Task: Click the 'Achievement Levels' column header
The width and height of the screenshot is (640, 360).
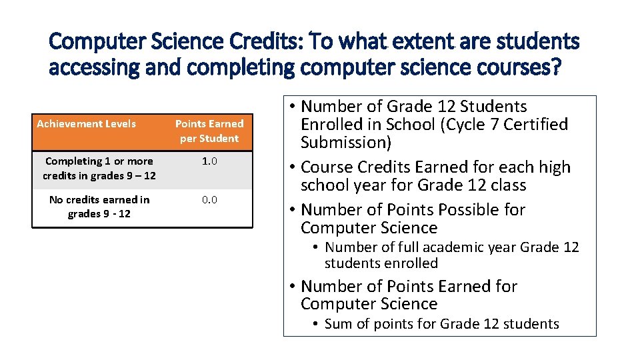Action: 86,123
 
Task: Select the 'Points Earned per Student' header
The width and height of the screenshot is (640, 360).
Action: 209,131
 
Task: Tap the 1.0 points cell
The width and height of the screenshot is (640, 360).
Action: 209,161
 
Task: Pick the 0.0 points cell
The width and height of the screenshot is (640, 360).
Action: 209,200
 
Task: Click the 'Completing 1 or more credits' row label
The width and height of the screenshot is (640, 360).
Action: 99,168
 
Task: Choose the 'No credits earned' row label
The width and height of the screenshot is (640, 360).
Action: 99,207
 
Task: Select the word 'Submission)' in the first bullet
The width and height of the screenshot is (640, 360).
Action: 346,143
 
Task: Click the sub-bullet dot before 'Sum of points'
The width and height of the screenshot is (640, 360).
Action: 317,324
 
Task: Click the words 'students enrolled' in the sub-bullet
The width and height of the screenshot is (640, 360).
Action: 381,263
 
